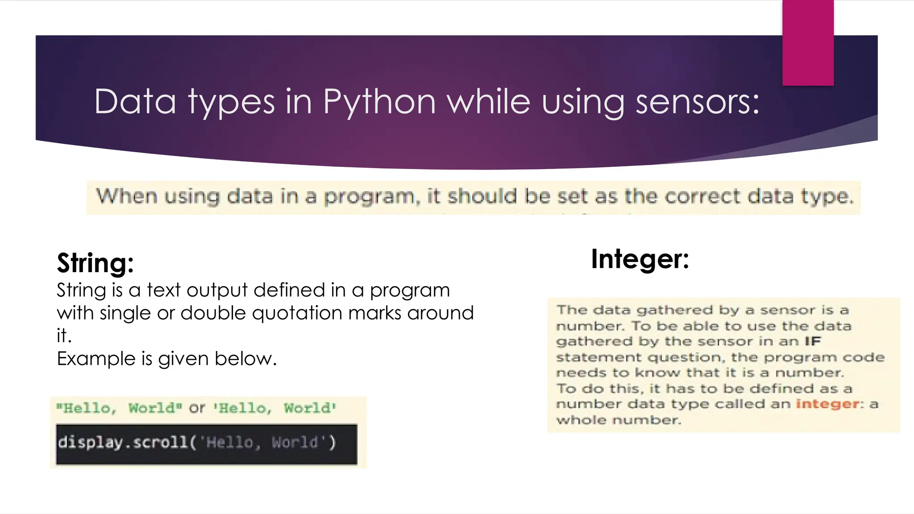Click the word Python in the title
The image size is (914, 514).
click(x=379, y=102)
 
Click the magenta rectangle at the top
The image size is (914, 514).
click(x=808, y=43)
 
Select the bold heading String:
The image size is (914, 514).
click(x=95, y=263)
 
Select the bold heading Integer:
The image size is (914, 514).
click(x=640, y=259)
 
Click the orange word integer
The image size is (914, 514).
click(x=827, y=404)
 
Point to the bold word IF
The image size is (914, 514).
click(x=813, y=341)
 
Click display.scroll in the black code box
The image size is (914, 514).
click(x=123, y=442)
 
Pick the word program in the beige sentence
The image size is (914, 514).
click(x=369, y=197)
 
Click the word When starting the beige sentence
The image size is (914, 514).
click(x=127, y=196)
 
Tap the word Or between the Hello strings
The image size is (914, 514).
click(x=197, y=408)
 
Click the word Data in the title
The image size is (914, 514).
click(x=135, y=102)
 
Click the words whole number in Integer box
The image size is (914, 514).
click(x=618, y=420)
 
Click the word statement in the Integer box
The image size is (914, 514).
click(x=599, y=357)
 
